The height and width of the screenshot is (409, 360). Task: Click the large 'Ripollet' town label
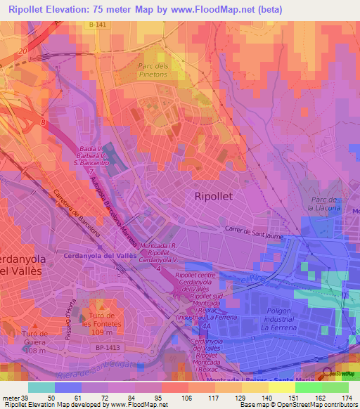click(218, 197)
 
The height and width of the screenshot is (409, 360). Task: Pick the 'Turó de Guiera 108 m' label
click(33, 342)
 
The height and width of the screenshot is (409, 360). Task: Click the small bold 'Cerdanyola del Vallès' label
click(100, 256)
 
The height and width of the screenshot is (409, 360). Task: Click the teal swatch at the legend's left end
click(41, 387)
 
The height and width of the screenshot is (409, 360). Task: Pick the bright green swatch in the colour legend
click(309, 387)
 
